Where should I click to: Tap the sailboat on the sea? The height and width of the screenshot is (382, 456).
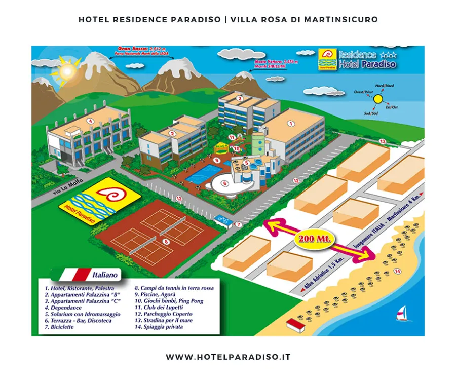point(403,314)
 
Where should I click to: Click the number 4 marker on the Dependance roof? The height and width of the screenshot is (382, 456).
point(90,121)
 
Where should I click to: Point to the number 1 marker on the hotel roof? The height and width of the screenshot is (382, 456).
point(291,123)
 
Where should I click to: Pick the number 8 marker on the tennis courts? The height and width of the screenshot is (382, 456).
point(165,242)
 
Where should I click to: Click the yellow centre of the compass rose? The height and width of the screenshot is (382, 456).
point(378,99)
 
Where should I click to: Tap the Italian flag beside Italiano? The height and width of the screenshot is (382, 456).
point(74,275)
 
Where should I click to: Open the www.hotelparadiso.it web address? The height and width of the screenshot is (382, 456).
point(228,357)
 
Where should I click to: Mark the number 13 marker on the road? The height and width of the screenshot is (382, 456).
point(383,141)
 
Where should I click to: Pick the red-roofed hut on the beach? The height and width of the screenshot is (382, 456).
point(295,325)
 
